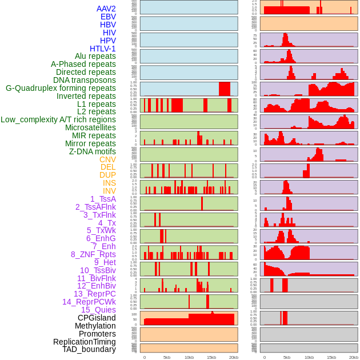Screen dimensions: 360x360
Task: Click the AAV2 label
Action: click(106, 9)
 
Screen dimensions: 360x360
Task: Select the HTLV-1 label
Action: click(102, 49)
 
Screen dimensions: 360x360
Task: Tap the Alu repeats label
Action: click(95, 56)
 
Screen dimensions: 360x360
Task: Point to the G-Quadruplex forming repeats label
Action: click(61, 88)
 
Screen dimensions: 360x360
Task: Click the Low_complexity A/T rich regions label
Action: click(58, 119)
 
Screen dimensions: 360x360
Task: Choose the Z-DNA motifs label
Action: click(93, 151)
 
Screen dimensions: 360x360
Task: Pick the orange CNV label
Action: click(107, 159)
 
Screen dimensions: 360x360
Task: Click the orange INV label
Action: click(109, 191)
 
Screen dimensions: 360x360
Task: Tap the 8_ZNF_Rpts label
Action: click(93, 254)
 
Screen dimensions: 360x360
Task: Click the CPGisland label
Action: click(97, 318)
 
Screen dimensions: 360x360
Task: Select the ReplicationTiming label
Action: click(84, 342)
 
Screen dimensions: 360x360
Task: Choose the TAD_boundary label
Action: click(89, 349)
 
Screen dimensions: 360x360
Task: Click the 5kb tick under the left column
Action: click(167, 357)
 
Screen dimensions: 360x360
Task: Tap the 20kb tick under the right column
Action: click(354, 357)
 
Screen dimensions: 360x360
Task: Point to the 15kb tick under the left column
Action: click(211, 357)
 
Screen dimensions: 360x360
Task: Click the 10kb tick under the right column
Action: click(309, 357)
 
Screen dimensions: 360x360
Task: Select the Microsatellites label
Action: click(90, 127)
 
